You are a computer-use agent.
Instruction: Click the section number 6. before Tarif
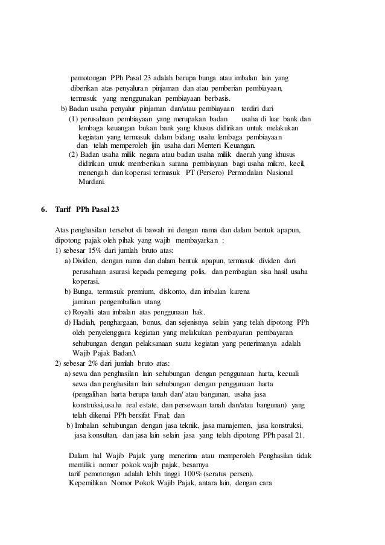tap(43, 210)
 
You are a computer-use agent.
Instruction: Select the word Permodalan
tap(246, 172)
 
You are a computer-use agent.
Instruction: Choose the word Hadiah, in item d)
tap(86, 322)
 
